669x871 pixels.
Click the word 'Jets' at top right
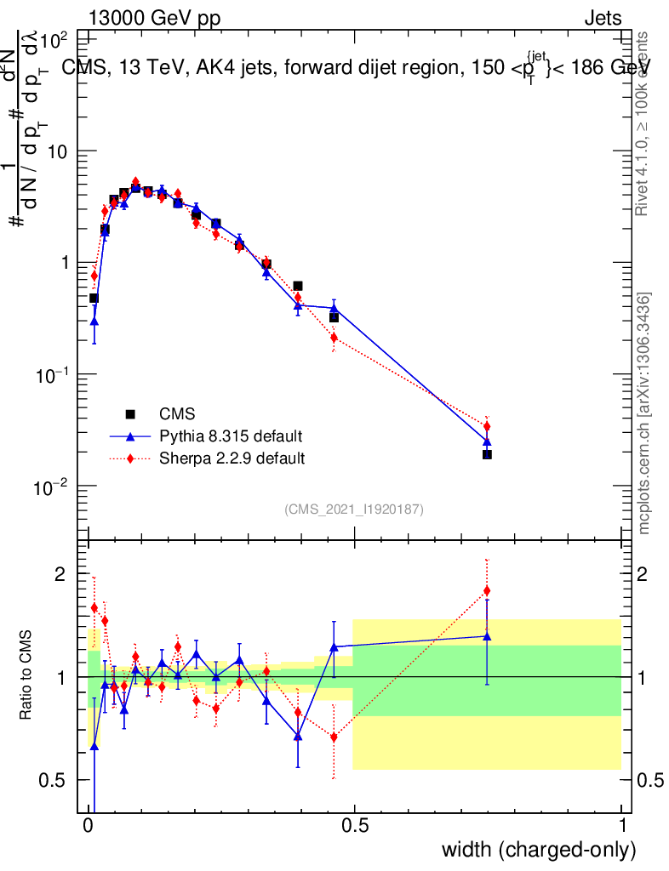tap(602, 18)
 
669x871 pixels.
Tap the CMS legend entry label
tap(178, 414)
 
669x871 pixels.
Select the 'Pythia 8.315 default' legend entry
tap(231, 436)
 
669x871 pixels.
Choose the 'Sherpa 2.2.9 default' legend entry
tap(232, 458)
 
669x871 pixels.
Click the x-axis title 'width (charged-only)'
tap(539, 849)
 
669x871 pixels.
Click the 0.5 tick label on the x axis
tap(355, 825)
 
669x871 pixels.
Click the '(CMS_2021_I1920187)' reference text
tap(354, 509)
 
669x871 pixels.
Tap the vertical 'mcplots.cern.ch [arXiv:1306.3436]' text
tap(645, 413)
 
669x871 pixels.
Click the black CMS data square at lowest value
tap(487, 454)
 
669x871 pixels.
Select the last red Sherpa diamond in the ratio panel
tap(487, 590)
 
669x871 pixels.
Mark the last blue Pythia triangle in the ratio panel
tap(487, 635)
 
